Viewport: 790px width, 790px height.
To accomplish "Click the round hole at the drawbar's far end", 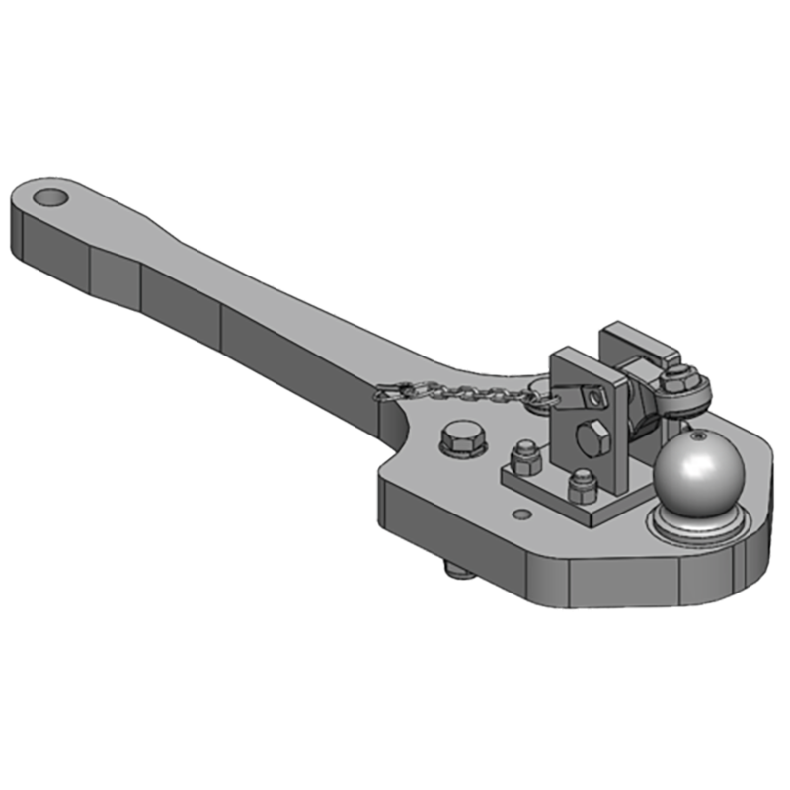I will click(51, 196).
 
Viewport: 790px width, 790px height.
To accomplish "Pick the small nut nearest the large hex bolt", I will click(523, 457).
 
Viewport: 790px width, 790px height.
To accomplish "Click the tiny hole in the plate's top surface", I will click(521, 513).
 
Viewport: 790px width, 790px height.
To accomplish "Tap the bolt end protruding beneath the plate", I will click(455, 571).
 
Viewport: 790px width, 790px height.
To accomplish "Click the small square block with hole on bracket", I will click(593, 397).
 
